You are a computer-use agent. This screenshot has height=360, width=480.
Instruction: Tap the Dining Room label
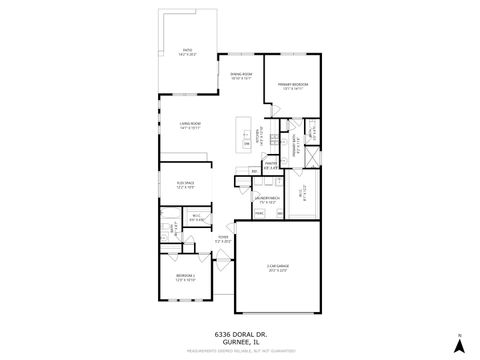[241, 76]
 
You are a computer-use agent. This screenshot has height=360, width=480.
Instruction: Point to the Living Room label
[190, 125]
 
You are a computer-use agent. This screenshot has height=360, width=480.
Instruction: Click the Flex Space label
[186, 185]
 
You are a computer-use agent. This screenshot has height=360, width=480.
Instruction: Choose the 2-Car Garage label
[276, 267]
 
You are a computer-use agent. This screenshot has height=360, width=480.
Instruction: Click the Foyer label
[223, 239]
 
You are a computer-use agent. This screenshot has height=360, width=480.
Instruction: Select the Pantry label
[270, 165]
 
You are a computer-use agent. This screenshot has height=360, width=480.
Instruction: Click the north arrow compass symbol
[457, 343]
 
